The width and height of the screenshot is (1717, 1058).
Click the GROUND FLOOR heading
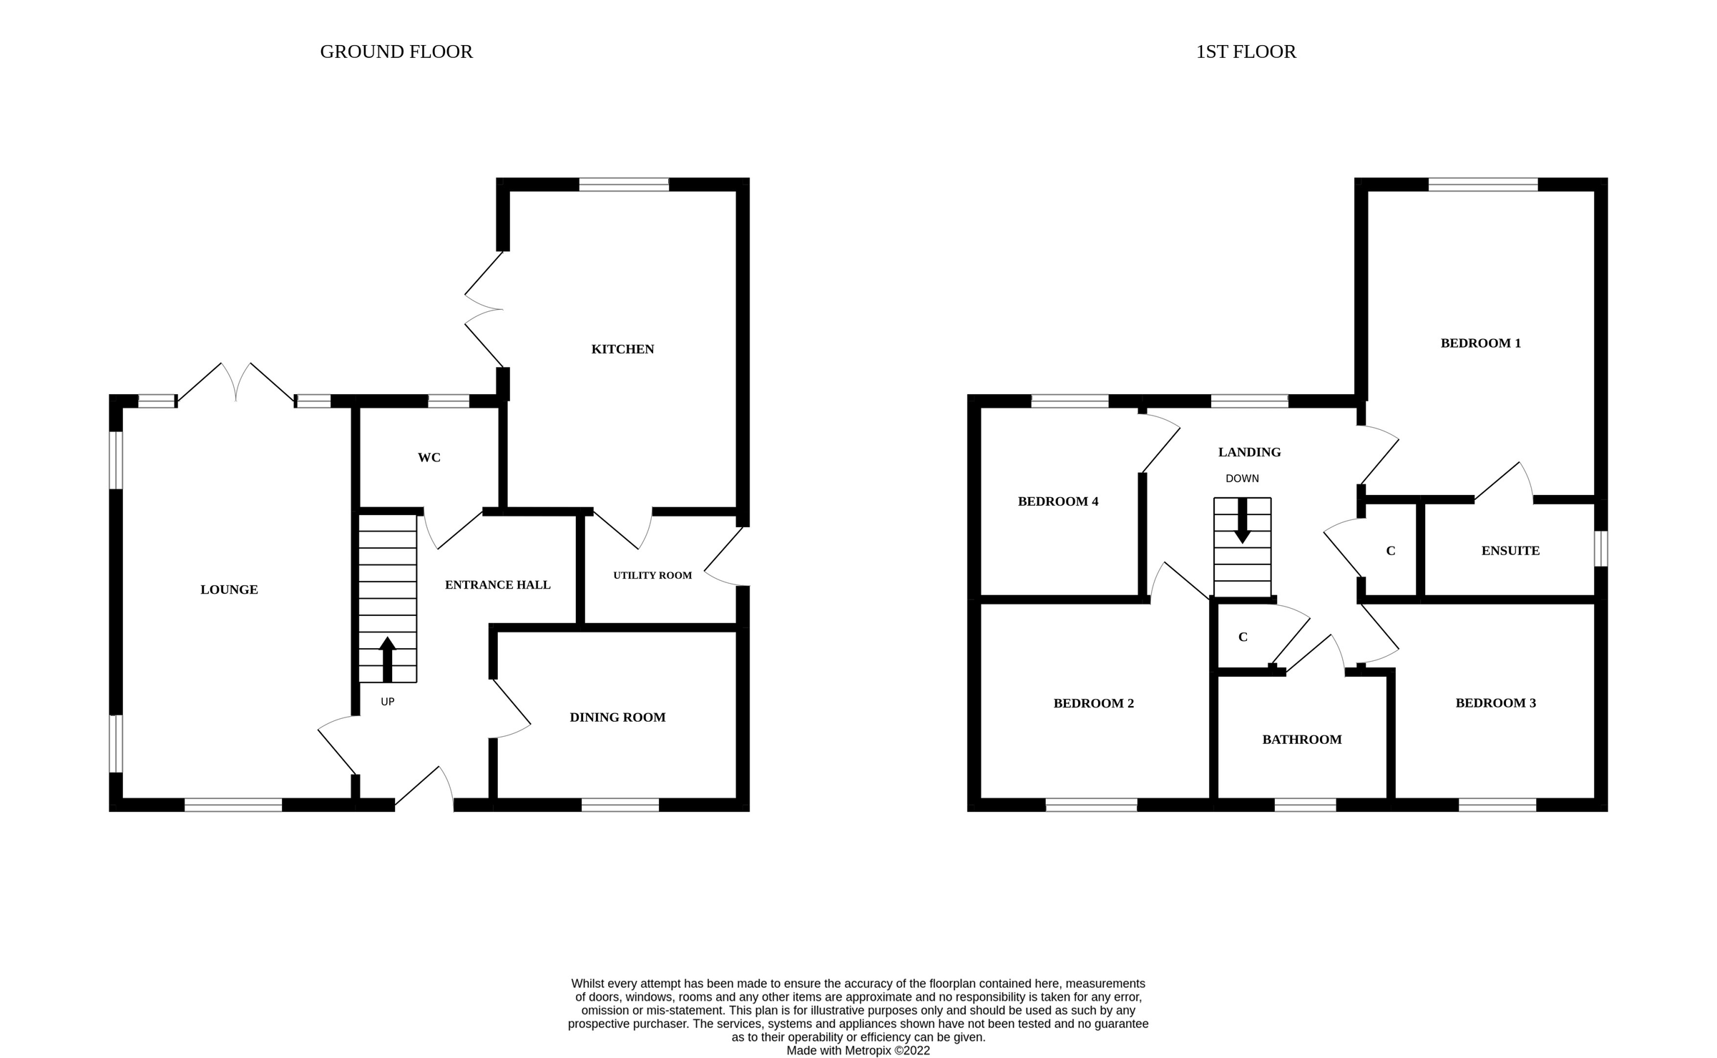point(396,52)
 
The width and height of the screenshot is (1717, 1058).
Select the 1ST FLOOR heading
point(1246,52)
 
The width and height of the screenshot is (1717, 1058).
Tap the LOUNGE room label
point(229,589)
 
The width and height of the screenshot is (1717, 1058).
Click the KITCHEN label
point(622,349)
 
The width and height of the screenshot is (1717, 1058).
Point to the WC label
point(429,458)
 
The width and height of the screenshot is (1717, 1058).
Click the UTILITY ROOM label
point(652,575)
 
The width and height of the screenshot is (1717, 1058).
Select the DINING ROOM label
point(617,717)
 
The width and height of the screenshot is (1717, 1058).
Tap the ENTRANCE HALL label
point(498,585)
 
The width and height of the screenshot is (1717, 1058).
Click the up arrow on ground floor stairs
point(387,658)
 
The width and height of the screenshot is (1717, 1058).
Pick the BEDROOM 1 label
point(1480,343)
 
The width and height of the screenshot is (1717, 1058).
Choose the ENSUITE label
point(1510,551)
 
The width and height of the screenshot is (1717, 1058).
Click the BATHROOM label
point(1301,740)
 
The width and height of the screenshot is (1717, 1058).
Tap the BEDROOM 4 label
point(1057,501)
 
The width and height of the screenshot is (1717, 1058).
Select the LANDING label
point(1249,452)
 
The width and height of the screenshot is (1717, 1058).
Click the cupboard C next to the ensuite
point(1390,551)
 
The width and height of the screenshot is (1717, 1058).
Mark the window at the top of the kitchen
point(623,185)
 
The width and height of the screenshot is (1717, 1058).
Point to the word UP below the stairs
point(387,702)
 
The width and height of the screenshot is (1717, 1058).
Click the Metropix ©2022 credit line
point(858,1050)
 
